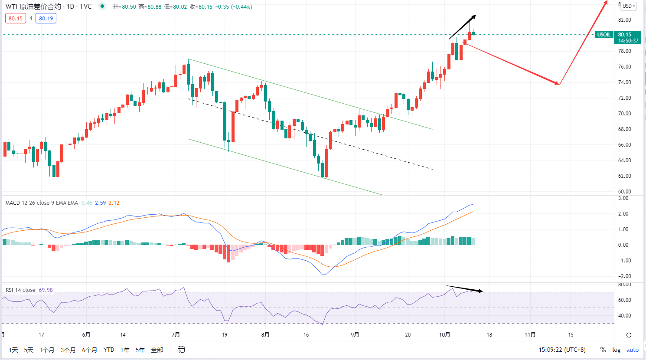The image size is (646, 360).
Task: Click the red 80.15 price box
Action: (16, 19)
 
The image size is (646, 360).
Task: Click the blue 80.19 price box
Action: (46, 19)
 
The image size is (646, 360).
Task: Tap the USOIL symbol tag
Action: (604, 35)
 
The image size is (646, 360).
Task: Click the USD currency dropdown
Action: (629, 6)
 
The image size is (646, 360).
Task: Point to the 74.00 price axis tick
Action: (624, 82)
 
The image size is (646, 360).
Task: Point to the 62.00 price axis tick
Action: (624, 176)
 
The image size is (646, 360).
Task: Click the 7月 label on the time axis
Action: (176, 335)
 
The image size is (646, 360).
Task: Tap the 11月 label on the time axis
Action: (530, 335)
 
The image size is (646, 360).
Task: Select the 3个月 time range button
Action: (68, 350)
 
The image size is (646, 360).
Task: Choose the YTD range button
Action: (109, 350)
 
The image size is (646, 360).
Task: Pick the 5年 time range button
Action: (140, 350)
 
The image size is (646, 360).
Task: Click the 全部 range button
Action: (157, 350)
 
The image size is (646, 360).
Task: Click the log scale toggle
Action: (616, 350)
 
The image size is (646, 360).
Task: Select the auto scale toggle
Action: (633, 350)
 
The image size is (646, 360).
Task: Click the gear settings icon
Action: (629, 335)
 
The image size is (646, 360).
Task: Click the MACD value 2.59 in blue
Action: (101, 203)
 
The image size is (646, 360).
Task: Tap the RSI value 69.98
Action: (46, 290)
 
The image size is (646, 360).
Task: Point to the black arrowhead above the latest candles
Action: (474, 17)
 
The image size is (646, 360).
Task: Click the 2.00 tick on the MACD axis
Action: (623, 214)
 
